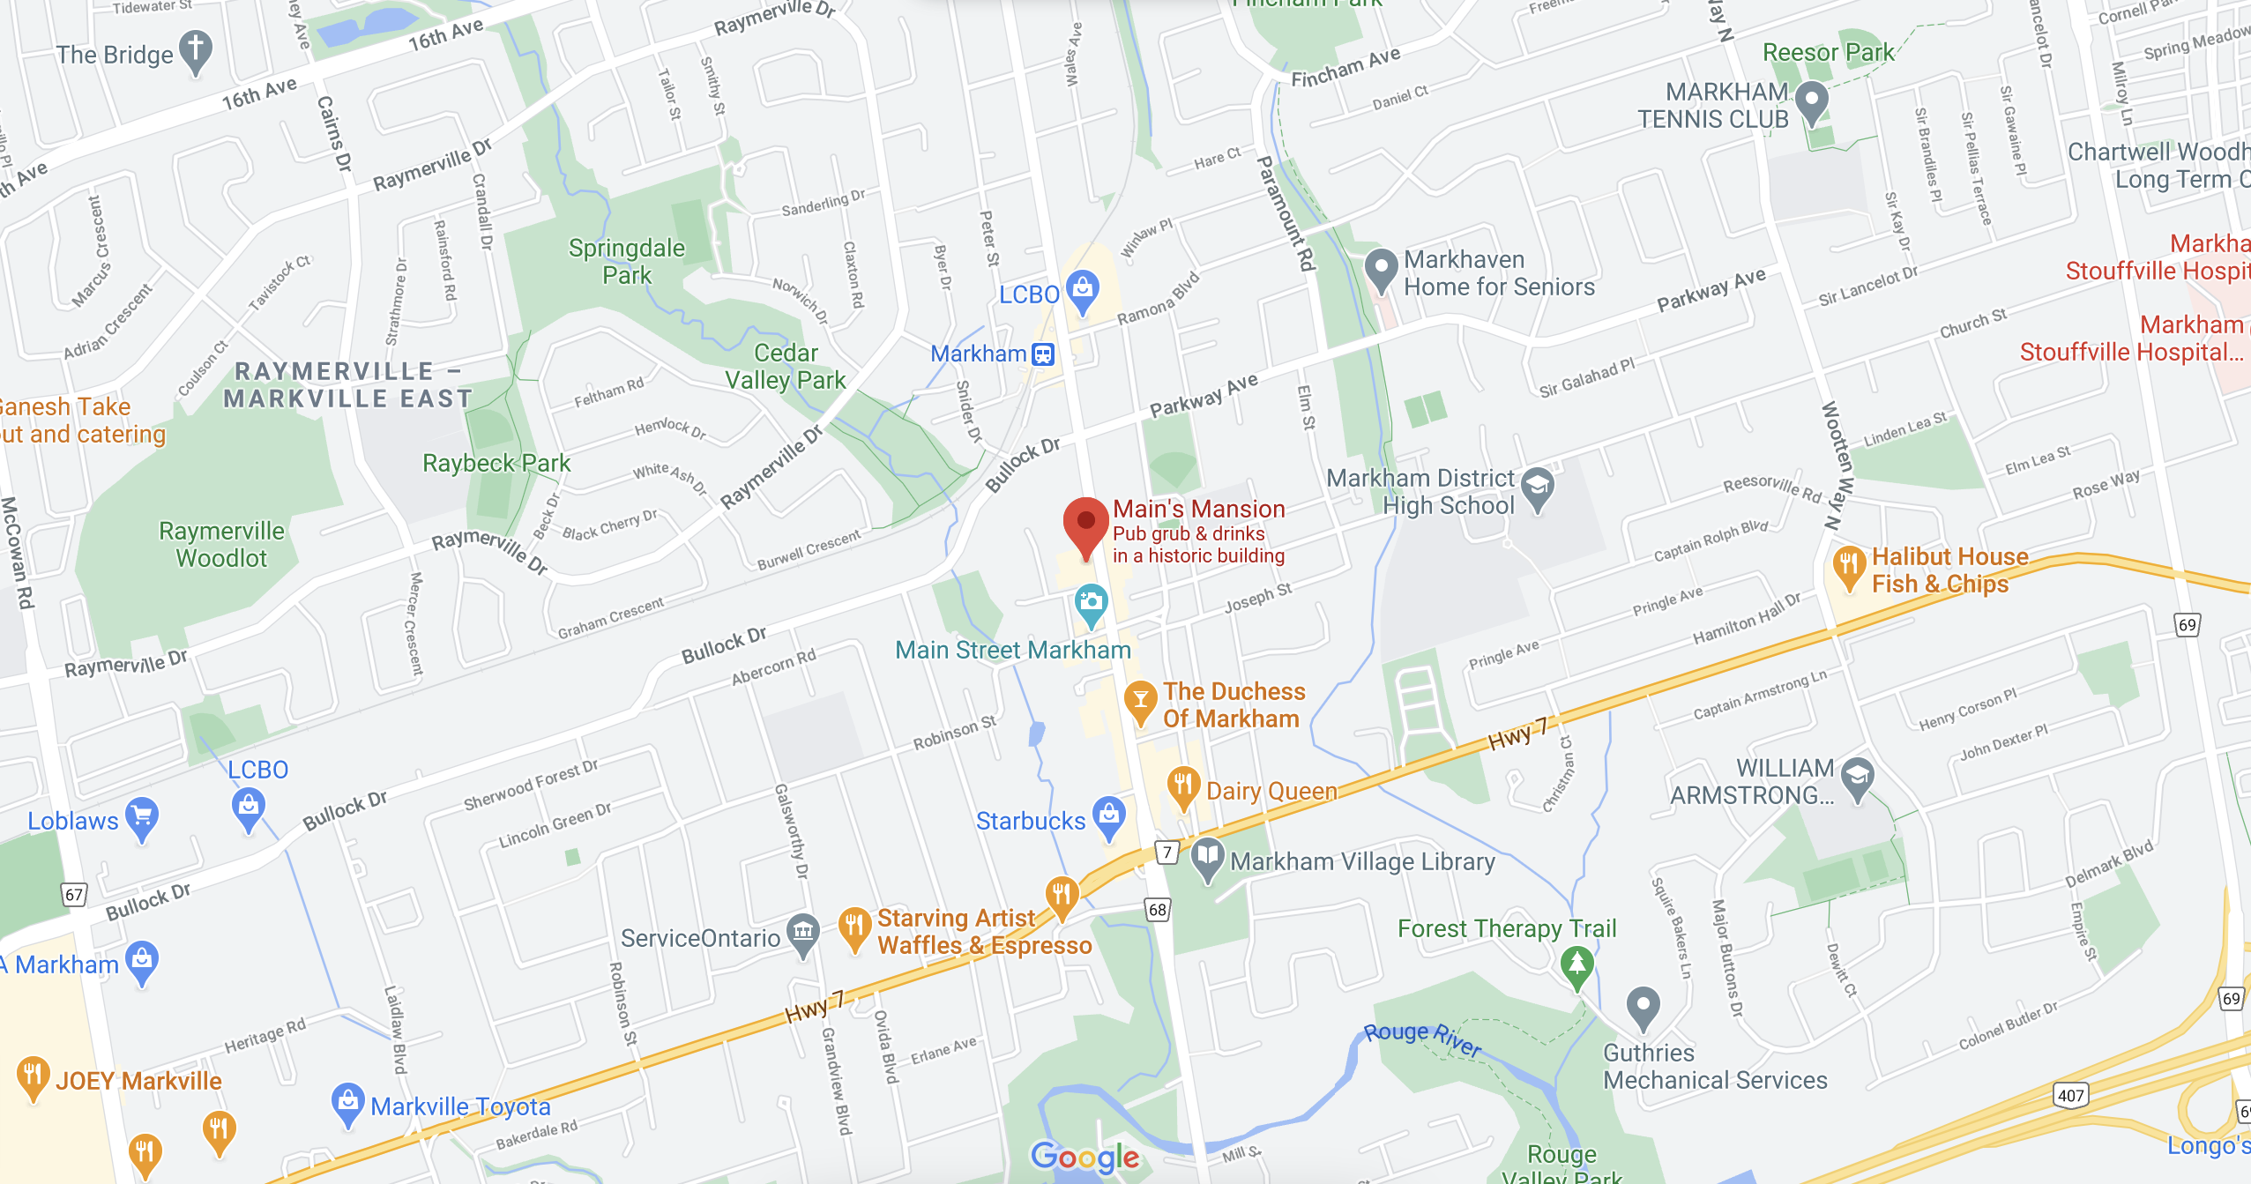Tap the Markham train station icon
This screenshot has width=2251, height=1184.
pos(1043,354)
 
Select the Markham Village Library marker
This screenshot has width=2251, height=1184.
pos(1207,856)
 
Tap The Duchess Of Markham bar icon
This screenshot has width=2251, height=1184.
pos(1140,700)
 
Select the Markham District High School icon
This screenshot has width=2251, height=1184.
pos(1538,486)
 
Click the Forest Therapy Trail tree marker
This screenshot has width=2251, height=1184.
pos(1576,963)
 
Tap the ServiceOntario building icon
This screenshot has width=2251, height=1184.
pos(802,932)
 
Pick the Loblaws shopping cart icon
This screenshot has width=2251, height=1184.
pos(142,815)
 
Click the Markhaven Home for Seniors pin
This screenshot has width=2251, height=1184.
pos(1381,268)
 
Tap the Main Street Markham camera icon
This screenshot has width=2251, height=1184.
pos(1091,604)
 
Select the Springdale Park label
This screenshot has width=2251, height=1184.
pos(626,262)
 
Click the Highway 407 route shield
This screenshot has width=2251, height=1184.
pos(2070,1096)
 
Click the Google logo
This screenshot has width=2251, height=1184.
pos(1085,1156)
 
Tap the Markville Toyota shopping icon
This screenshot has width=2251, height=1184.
pos(348,1101)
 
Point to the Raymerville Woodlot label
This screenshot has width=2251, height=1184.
pos(221,544)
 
